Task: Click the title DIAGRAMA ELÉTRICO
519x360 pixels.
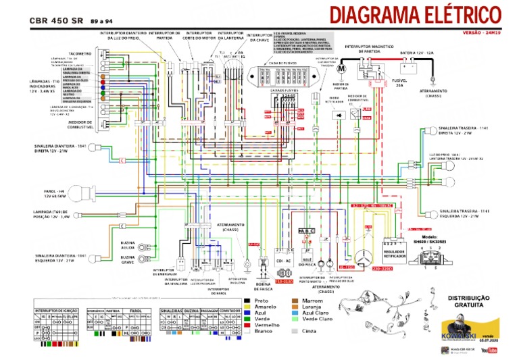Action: point(415,16)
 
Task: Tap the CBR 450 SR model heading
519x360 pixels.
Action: point(56,20)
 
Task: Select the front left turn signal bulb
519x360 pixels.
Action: point(97,258)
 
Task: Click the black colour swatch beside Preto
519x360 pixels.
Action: point(248,301)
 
